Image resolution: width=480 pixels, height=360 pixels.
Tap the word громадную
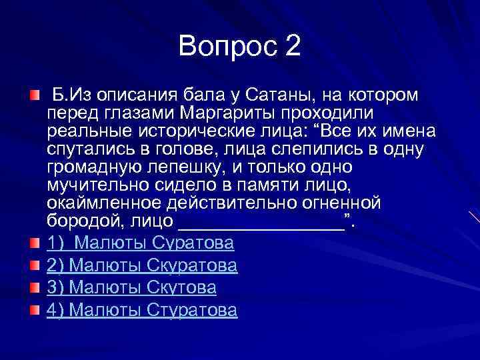tap(91, 166)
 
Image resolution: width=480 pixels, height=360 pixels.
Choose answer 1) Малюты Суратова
tap(140, 243)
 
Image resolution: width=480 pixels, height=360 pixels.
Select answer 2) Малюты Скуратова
tap(142, 265)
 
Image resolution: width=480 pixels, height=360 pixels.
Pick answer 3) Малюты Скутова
tap(131, 287)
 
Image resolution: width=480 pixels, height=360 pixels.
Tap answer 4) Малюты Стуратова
tap(142, 310)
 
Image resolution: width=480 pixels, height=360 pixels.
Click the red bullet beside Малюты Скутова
tap(35, 288)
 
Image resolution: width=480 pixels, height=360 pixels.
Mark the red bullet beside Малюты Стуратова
tap(35, 310)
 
